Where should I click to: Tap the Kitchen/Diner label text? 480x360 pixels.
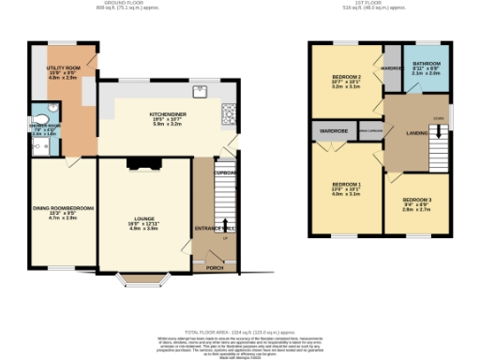(x=169, y=116)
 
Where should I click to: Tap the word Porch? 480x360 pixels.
(x=215, y=267)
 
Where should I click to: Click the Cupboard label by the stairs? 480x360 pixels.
(x=225, y=172)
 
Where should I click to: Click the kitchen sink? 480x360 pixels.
(x=199, y=92)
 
